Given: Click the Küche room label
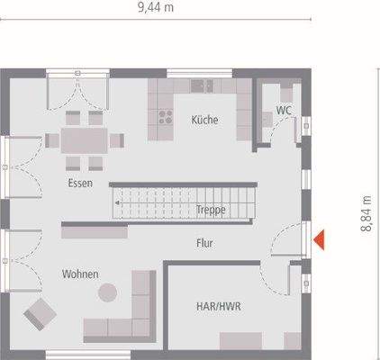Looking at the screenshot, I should click(x=204, y=120).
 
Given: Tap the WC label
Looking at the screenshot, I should click(x=284, y=111).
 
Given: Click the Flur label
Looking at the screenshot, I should click(x=205, y=242).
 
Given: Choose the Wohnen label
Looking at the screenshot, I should click(x=80, y=273).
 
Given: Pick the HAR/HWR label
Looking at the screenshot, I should click(x=219, y=306).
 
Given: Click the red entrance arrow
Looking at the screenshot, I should click(x=319, y=238).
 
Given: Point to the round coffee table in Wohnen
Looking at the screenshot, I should click(x=108, y=292).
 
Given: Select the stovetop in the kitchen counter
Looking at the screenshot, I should click(x=165, y=114).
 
